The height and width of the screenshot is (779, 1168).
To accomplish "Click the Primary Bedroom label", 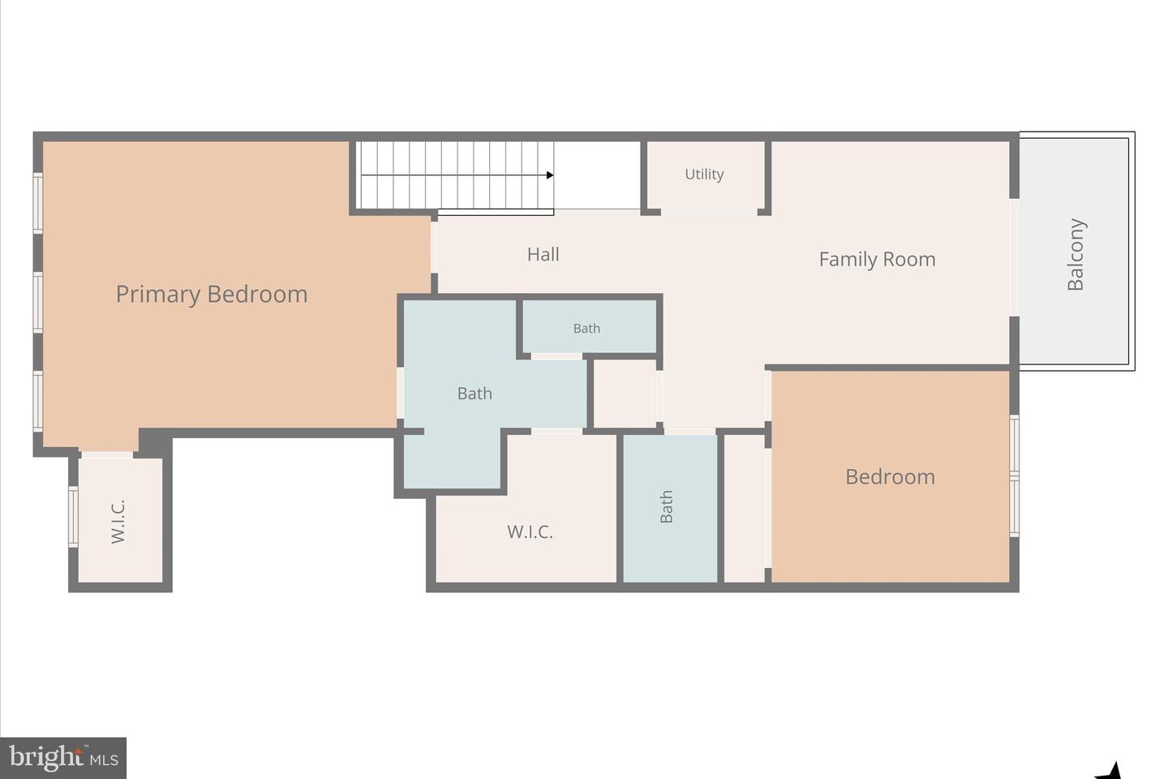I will pyautogui.click(x=212, y=294).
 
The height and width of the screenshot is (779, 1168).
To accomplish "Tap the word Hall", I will pyautogui.click(x=543, y=255).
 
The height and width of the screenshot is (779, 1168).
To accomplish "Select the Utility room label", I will pyautogui.click(x=704, y=174).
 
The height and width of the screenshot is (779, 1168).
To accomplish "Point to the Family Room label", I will pyautogui.click(x=877, y=260).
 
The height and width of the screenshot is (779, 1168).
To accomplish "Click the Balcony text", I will pyautogui.click(x=1076, y=254).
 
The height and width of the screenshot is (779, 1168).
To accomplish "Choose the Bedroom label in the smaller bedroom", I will pyautogui.click(x=890, y=477).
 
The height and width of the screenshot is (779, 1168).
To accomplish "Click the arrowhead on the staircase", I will pyautogui.click(x=550, y=175).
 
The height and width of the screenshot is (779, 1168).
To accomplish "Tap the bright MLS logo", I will pyautogui.click(x=63, y=758).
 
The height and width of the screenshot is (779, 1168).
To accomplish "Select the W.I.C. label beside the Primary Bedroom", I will pyautogui.click(x=118, y=521).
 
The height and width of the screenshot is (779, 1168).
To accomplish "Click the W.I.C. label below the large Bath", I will pyautogui.click(x=530, y=532).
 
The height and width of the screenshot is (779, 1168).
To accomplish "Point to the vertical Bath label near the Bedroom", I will pyautogui.click(x=667, y=506).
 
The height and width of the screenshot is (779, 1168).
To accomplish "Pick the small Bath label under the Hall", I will pyautogui.click(x=586, y=329).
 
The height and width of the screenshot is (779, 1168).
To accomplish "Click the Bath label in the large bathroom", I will pyautogui.click(x=474, y=394).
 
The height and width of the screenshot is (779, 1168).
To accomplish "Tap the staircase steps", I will pyautogui.click(x=454, y=175).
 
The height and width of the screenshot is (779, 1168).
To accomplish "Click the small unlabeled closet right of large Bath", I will pyautogui.click(x=625, y=394).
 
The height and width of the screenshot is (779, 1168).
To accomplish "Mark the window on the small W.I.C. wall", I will pyautogui.click(x=73, y=516).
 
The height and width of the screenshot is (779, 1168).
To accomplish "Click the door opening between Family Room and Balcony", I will pyautogui.click(x=1014, y=256).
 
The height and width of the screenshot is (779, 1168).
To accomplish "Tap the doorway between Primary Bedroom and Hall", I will pyautogui.click(x=434, y=247).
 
